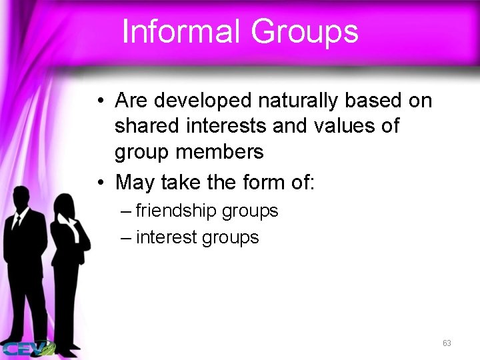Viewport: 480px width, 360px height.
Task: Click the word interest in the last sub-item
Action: click(167, 237)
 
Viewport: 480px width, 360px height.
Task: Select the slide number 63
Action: click(447, 343)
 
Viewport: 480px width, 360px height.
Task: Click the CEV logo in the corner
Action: click(28, 348)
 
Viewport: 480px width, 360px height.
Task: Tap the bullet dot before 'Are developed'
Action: click(99, 102)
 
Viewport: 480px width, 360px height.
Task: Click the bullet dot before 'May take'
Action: click(99, 181)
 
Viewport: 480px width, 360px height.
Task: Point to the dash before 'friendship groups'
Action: click(127, 212)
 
